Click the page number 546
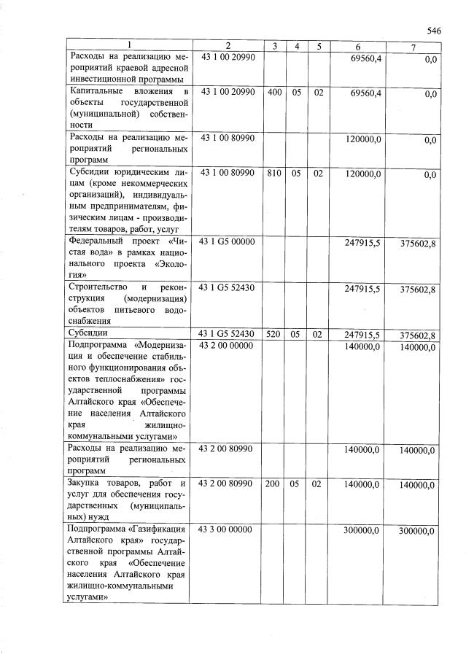pyautogui.click(x=434, y=31)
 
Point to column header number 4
pyautogui.click(x=297, y=46)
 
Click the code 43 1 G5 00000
pyautogui.click(x=227, y=241)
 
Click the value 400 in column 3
pyautogui.click(x=274, y=93)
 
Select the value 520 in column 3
pyautogui.click(x=274, y=335)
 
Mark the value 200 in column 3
pyautogui.click(x=274, y=484)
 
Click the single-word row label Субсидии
pyautogui.click(x=89, y=334)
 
